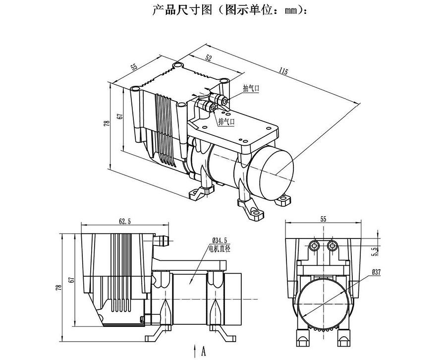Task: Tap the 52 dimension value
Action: pos(208,58)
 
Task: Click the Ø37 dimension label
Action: pos(376,272)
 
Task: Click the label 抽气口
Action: pos(251,88)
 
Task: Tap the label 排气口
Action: pos(226,122)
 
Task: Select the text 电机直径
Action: pos(220,248)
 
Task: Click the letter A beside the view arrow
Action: pos(203,351)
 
